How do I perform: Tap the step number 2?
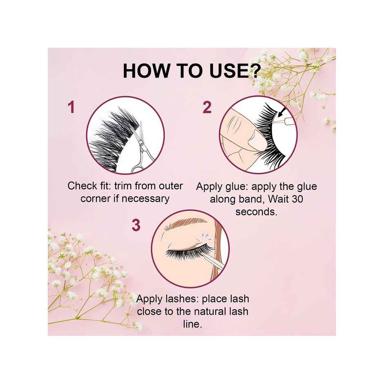point(207,107)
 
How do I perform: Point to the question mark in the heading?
point(253,71)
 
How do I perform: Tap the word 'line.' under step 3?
point(192,324)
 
